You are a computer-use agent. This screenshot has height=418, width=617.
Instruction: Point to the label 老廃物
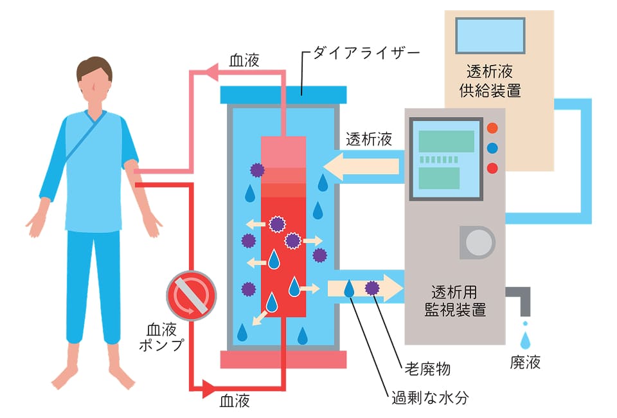(427, 369)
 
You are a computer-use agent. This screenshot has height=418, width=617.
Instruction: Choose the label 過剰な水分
(430, 397)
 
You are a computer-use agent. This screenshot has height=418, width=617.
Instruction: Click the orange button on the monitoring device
(493, 128)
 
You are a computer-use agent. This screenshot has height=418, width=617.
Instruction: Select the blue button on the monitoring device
(493, 148)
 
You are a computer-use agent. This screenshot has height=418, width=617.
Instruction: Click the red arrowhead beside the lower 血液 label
(210, 388)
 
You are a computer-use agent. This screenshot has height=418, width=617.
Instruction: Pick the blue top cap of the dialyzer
(283, 95)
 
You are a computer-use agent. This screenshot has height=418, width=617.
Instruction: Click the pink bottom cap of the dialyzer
(283, 359)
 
